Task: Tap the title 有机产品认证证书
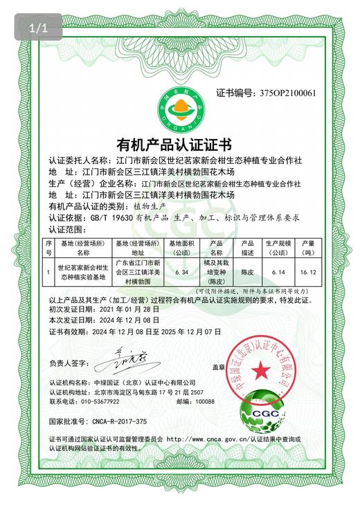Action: point(179,146)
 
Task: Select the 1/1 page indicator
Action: point(37,28)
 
